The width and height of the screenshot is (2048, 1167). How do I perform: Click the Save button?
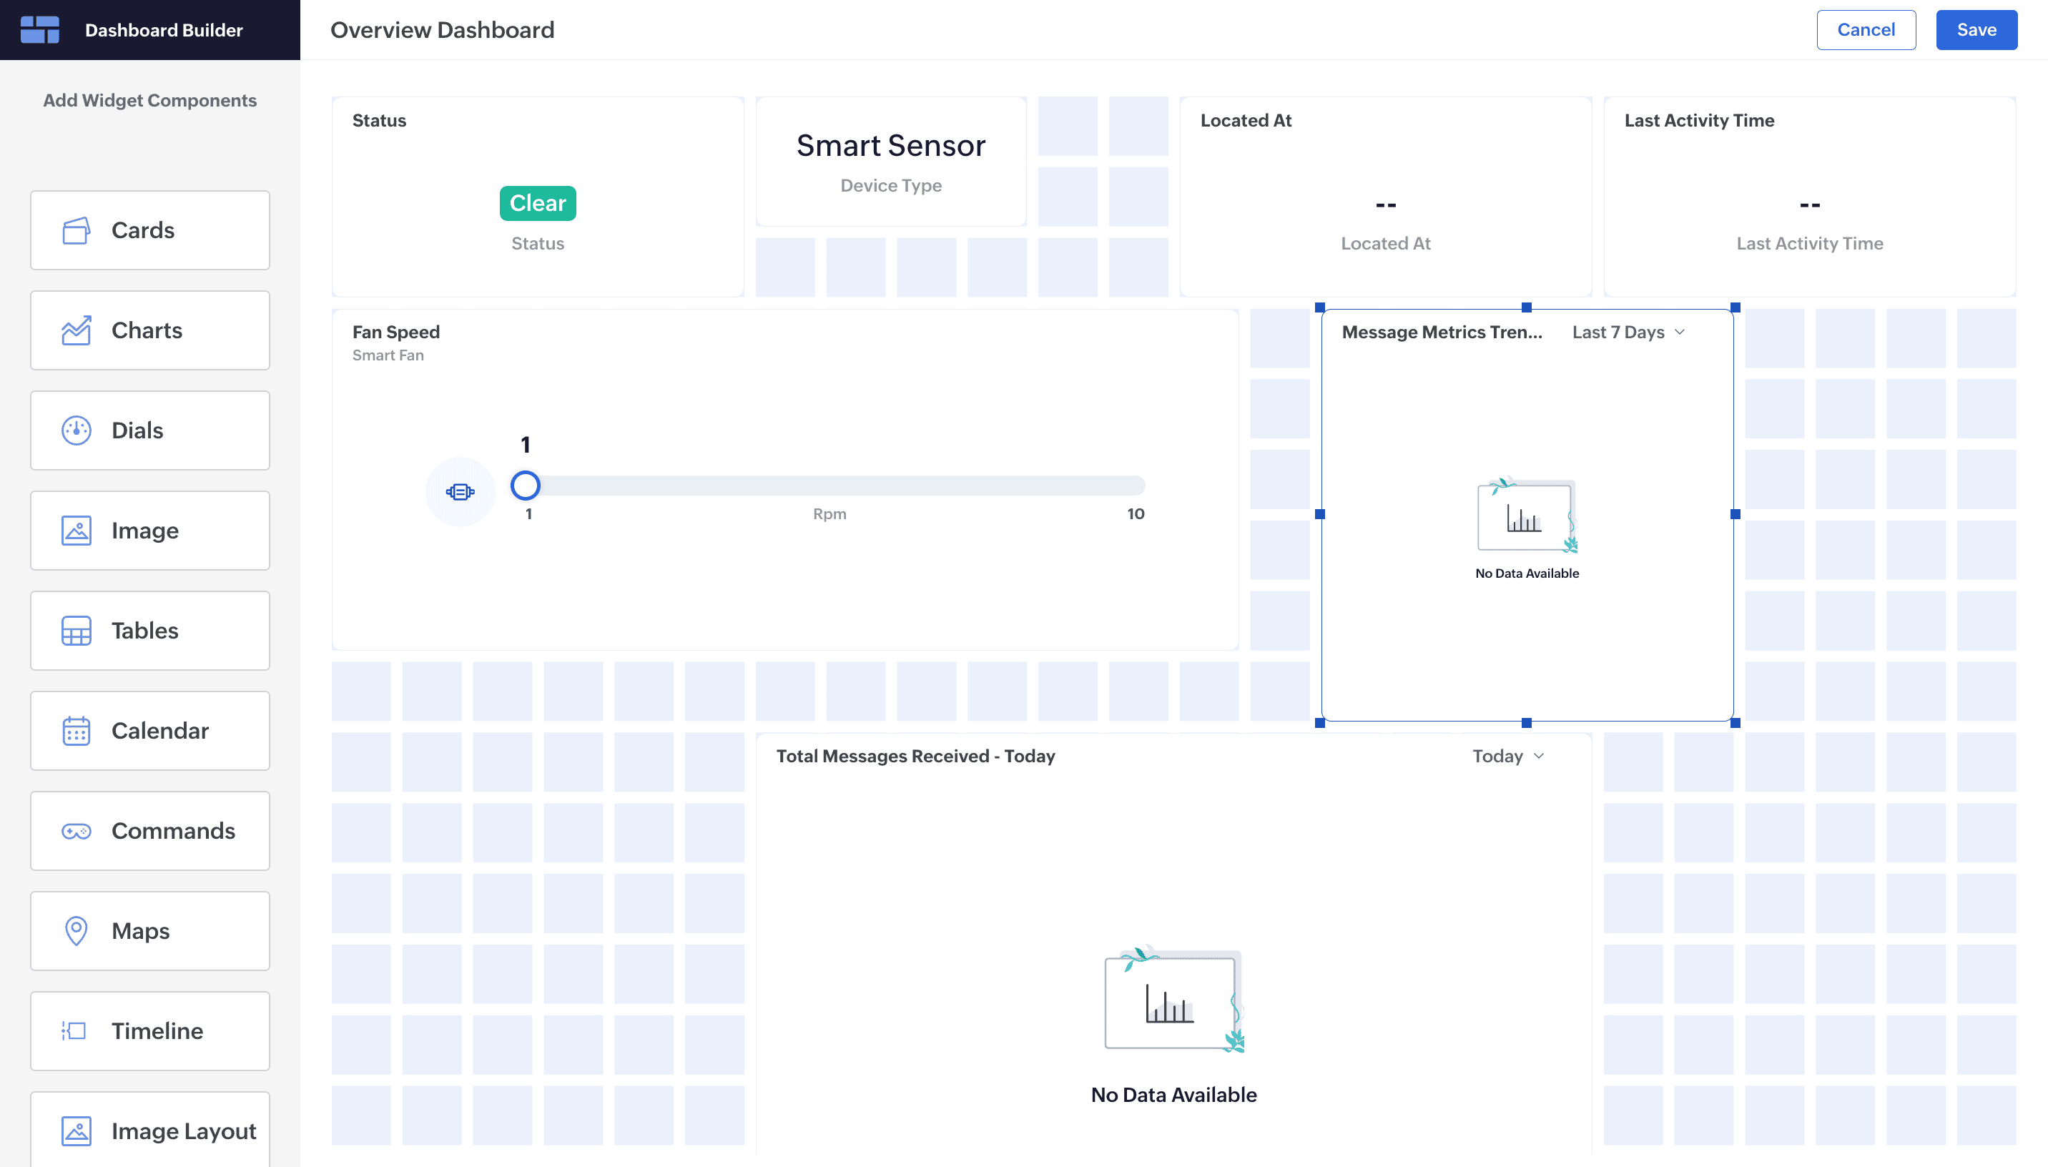click(1976, 29)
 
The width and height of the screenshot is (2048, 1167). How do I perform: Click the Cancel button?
click(1866, 29)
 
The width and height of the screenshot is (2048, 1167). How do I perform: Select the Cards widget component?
click(150, 230)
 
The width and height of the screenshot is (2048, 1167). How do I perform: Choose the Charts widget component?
click(150, 330)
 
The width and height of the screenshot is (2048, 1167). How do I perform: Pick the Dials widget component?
click(150, 430)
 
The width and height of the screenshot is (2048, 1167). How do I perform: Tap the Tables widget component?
click(150, 631)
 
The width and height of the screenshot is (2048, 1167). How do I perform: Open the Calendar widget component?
click(150, 731)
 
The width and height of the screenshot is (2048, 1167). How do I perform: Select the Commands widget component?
click(150, 831)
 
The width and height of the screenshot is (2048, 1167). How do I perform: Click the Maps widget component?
click(150, 931)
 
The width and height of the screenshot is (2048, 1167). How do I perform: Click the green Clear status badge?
click(538, 204)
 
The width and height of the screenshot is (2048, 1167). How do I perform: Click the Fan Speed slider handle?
click(526, 486)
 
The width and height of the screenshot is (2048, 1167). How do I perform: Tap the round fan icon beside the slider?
click(460, 491)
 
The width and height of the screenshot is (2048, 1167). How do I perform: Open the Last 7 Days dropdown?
click(1628, 332)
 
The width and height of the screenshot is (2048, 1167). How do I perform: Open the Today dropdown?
click(1508, 756)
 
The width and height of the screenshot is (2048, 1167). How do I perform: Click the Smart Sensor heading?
click(891, 145)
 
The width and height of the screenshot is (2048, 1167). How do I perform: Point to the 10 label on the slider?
click(1136, 513)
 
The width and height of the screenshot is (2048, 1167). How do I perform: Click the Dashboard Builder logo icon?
click(40, 29)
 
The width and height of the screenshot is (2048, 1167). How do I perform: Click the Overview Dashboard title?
click(443, 29)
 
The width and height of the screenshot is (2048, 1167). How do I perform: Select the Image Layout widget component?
click(150, 1129)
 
